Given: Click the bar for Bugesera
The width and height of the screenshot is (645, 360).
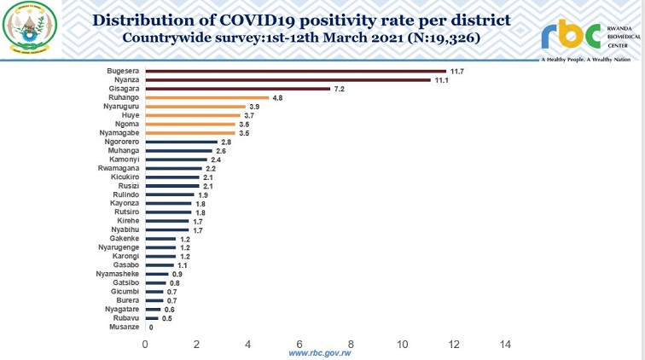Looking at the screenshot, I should coord(296,71).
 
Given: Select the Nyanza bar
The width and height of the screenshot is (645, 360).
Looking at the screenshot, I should coord(288,80).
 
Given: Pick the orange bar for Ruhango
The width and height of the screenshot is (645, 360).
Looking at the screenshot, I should coord(207,98).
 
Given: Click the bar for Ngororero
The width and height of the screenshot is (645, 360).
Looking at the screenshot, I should coord(182,142).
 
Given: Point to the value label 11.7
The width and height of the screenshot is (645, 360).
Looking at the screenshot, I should coord(457,72).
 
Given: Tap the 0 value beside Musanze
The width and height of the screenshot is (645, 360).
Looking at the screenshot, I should coord(152,327).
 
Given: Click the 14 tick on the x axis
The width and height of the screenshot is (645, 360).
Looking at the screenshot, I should coord(505,345).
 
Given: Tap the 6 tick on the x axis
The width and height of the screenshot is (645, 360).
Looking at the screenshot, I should coord(300,345).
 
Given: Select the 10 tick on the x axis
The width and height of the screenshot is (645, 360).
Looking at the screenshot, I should coord(403,345).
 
